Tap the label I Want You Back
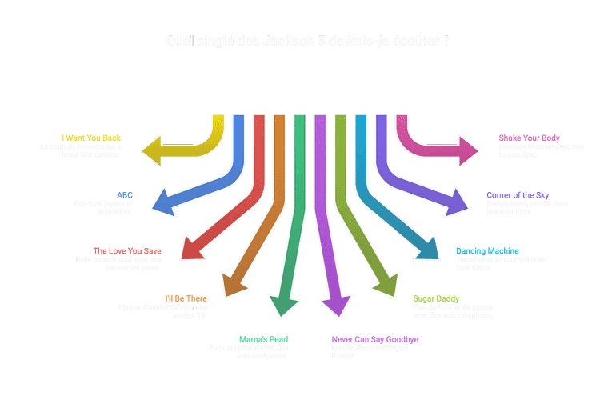92,138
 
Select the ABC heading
125,195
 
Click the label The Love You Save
127,251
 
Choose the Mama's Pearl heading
264,339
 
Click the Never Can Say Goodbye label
375,339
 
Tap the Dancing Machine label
487,251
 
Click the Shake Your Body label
529,138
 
